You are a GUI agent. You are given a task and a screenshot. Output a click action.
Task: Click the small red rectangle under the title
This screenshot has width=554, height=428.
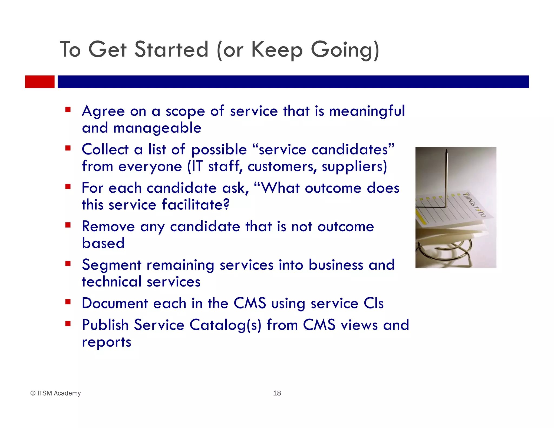39,82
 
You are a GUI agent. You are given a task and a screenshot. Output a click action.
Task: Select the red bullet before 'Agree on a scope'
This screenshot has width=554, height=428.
68,110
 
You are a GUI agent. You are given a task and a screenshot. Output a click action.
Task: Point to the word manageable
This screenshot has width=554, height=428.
157,128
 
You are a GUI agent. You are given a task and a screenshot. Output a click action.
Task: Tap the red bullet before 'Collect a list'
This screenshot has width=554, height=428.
68,148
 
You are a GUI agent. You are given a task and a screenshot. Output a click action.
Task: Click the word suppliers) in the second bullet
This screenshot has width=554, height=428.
354,166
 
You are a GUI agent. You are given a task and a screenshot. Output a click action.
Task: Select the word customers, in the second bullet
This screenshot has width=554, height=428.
282,166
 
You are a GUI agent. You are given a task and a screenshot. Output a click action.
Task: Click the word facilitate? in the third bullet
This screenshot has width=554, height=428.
196,205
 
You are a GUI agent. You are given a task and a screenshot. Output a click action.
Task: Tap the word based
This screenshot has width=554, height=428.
103,243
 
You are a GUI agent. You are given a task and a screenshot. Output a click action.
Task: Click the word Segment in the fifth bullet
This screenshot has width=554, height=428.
111,265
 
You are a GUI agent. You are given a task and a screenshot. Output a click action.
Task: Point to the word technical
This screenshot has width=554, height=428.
112,282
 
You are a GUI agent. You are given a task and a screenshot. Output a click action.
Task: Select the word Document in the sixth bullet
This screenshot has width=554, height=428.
115,303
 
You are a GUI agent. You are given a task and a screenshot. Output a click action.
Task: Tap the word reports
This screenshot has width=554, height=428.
106,342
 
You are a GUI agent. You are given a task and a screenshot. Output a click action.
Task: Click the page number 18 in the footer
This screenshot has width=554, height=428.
277,393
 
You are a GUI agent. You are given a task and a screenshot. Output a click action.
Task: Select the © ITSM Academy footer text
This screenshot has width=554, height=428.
55,393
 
